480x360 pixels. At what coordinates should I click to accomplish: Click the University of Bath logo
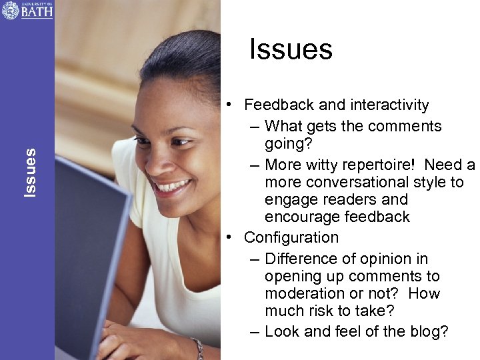click(27, 10)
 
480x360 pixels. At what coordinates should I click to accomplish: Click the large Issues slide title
click(291, 49)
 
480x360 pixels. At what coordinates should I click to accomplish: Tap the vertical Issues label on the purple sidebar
click(30, 173)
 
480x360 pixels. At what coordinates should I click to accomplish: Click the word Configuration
click(291, 238)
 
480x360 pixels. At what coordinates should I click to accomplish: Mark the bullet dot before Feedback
click(229, 105)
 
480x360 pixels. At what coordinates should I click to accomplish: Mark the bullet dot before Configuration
click(229, 238)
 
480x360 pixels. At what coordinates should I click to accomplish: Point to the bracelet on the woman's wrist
click(198, 347)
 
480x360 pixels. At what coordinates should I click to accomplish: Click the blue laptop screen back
click(87, 253)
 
